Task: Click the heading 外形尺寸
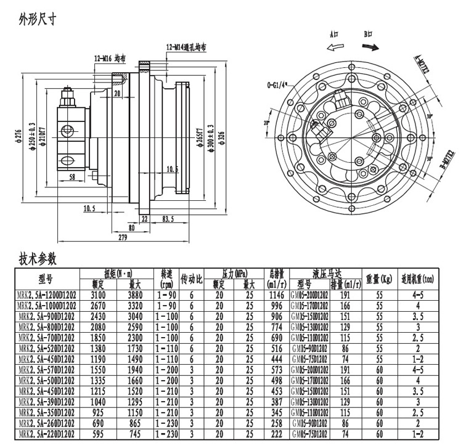[x=38, y=19]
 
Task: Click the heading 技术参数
[x=38, y=258]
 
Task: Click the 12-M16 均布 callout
[x=110, y=59]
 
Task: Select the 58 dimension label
[x=72, y=177]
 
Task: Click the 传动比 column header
[x=192, y=279]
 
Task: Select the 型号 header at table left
[x=47, y=279]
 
